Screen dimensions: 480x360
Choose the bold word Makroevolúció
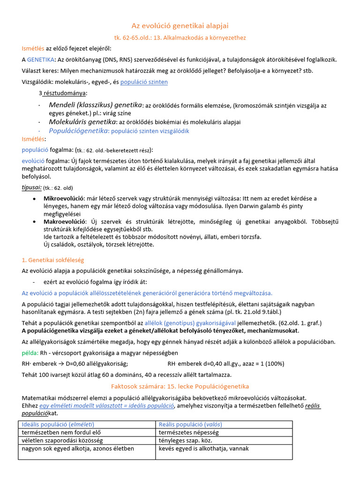[x=65, y=221]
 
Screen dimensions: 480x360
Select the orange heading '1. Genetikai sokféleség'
[x=53, y=260]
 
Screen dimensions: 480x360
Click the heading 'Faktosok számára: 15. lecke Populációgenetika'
[x=180, y=386]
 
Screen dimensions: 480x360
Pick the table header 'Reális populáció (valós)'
[x=190, y=424]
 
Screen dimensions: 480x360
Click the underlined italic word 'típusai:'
[x=31, y=187]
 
